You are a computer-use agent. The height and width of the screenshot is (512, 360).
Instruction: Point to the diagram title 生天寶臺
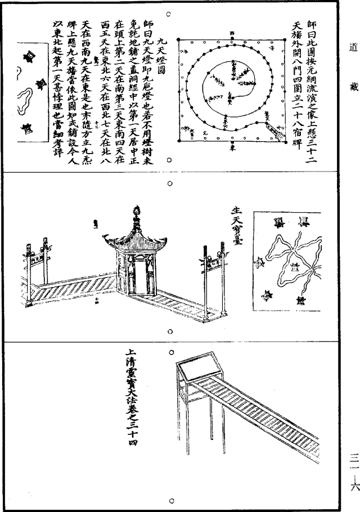(236, 231)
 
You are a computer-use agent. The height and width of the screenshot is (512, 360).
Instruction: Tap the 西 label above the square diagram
(231, 34)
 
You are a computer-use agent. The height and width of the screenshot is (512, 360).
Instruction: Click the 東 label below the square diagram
(231, 147)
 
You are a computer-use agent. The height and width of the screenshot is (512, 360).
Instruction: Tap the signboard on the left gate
(37, 258)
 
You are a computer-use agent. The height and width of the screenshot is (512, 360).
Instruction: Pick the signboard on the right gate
(212, 261)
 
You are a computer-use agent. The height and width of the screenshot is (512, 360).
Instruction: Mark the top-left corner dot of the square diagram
(179, 39)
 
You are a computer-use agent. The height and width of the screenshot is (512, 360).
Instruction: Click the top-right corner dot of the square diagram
(283, 39)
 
